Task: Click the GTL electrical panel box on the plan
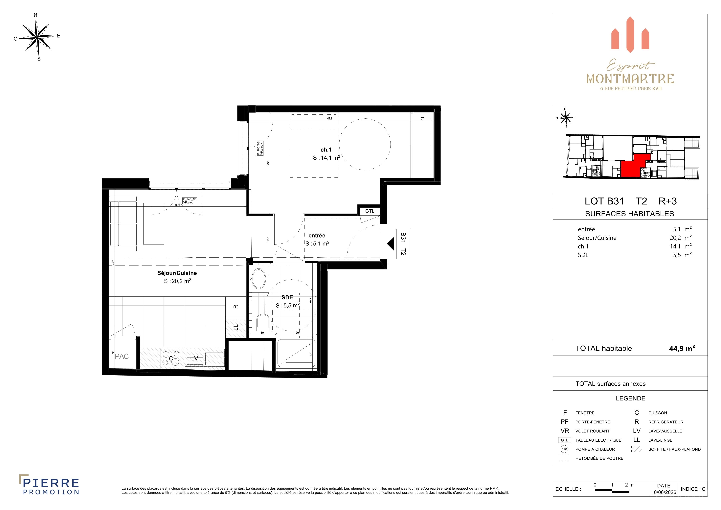pos(370,211)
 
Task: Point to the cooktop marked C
pos(171,358)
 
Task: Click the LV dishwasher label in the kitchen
pos(194,358)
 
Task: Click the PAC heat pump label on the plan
pos(122,357)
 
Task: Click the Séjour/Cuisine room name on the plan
pos(177,273)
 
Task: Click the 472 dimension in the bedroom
pos(329,118)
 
